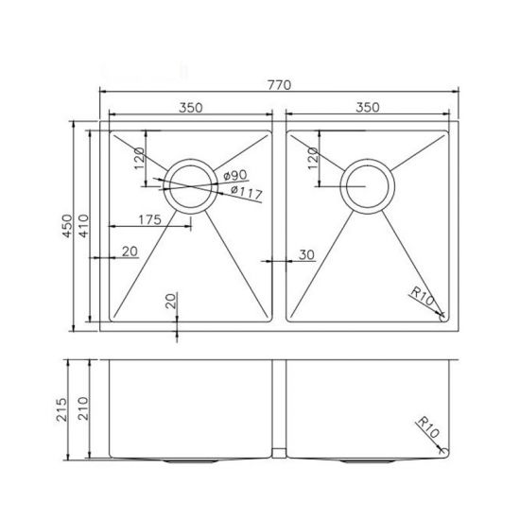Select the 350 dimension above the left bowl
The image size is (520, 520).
point(189,108)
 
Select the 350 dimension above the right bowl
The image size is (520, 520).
point(368,108)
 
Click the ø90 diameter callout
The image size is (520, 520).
point(235,176)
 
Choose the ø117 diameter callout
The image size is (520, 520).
point(245,194)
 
